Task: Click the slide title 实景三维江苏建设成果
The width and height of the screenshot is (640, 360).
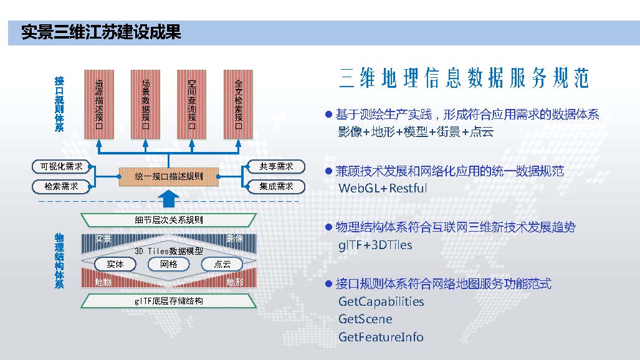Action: pos(101,32)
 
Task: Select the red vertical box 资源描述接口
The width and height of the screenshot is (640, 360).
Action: pos(99,105)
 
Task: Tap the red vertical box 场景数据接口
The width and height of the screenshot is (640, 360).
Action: pos(145,105)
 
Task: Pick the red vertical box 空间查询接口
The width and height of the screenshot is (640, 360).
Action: pos(191,105)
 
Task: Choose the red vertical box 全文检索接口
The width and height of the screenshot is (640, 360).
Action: pos(239,105)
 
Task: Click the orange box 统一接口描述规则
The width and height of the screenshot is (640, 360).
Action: pos(169,177)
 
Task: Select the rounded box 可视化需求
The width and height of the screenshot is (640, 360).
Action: pos(61,166)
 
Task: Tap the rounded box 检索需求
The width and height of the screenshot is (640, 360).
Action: pos(61,186)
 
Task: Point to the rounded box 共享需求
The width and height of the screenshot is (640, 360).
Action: pos(276,166)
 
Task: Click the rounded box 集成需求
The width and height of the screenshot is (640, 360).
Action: pos(276,186)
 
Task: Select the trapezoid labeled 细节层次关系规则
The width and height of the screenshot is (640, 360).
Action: pos(169,220)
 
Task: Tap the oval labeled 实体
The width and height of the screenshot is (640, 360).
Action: pos(115,264)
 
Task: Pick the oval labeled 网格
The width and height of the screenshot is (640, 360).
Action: pos(169,264)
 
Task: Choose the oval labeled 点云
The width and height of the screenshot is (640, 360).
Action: pos(222,264)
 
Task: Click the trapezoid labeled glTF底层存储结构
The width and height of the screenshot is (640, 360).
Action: pos(169,301)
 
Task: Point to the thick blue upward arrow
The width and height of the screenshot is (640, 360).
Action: pos(169,199)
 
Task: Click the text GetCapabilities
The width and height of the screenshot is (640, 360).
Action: pos(381,302)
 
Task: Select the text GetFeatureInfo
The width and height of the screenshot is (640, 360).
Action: pos(381,337)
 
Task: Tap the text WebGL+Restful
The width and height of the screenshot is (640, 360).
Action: pos(383,188)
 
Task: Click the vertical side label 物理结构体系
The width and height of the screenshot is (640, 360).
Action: pos(59,261)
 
